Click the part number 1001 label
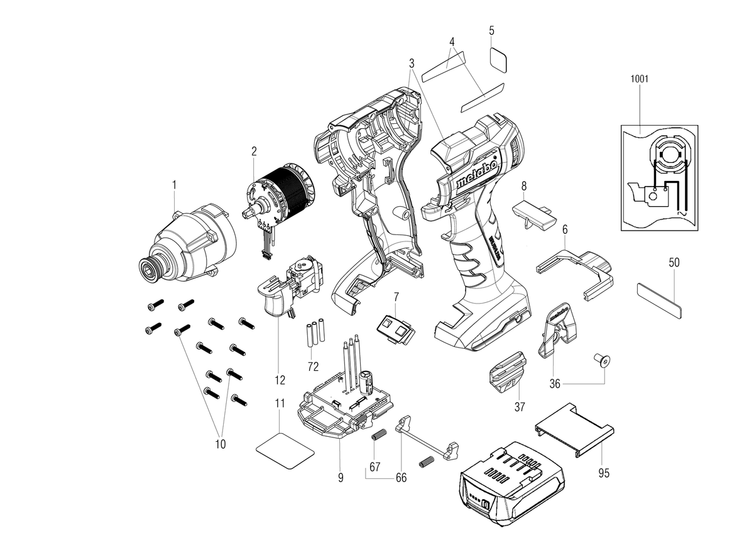[x=639, y=79]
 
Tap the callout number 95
[x=604, y=473]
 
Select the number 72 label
[x=313, y=366]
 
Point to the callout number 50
[x=674, y=263]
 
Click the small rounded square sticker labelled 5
[x=498, y=60]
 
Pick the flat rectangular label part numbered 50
[x=659, y=300]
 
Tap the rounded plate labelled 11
[x=285, y=451]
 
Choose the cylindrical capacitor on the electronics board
[x=366, y=383]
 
